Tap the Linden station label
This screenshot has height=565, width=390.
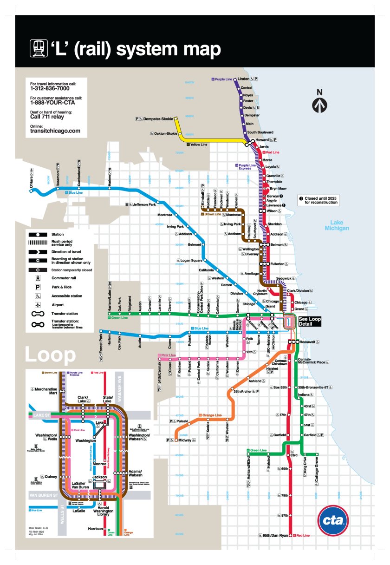244,79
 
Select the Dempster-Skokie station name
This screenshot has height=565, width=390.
158,119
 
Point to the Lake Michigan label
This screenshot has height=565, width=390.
337,225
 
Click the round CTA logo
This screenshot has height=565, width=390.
333,520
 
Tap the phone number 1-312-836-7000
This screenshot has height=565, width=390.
50,88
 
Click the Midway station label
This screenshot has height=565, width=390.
185,440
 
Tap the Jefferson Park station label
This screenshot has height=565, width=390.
144,204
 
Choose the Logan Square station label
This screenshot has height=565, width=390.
192,260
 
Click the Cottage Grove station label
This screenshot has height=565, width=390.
317,469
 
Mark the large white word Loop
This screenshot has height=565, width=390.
50,355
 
